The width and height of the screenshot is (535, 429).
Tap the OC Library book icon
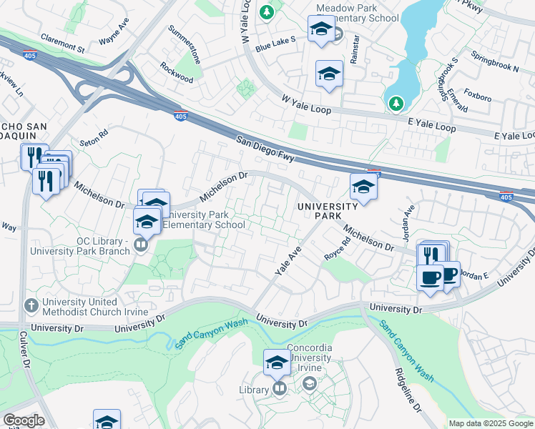[140, 246]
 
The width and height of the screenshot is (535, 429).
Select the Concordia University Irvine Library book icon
[279, 390]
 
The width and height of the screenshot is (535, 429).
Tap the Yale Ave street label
[288, 261]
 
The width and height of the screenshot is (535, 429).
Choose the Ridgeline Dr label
[406, 390]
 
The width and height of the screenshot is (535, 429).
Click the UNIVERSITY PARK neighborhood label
[328, 212]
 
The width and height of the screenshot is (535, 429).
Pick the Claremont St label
[62, 43]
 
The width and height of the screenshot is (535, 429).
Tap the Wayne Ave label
[114, 36]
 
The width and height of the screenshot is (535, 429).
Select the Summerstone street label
[182, 41]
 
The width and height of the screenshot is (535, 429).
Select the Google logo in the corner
[24, 420]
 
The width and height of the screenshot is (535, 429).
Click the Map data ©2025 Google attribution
[491, 423]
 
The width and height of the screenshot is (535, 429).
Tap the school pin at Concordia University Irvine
[277, 363]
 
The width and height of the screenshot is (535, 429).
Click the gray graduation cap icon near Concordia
[309, 384]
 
